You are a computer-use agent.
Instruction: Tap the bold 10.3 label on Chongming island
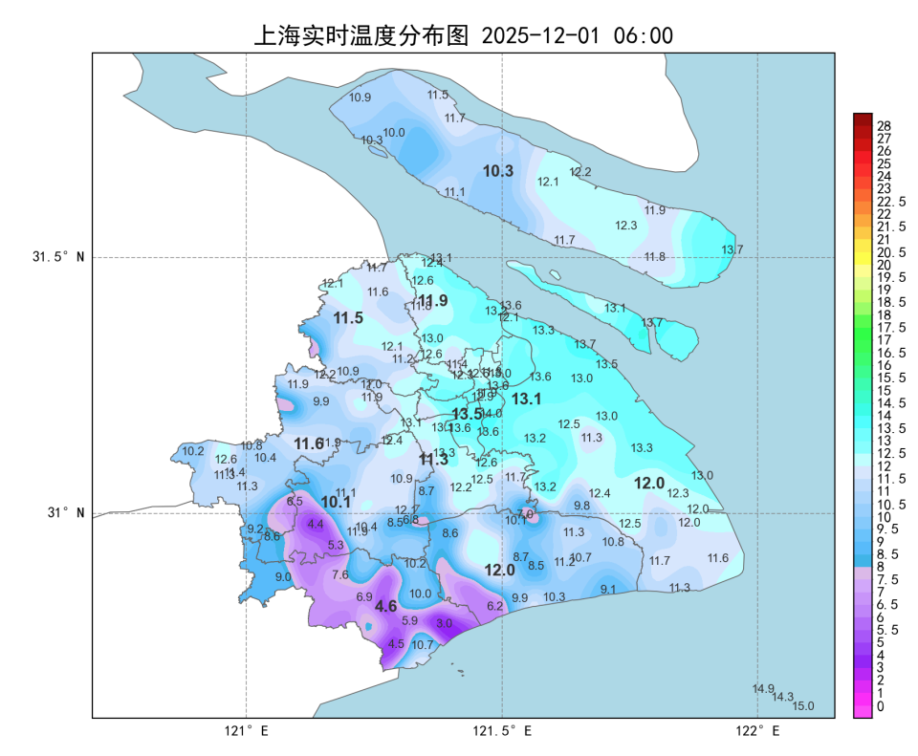pos(498,171)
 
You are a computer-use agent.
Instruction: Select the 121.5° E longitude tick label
pos(502,731)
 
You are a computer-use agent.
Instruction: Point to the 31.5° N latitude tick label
pos(58,257)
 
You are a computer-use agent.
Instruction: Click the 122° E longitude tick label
pos(757,731)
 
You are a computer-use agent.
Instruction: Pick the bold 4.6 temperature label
pos(385,606)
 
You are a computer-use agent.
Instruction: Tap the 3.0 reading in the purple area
pos(445,623)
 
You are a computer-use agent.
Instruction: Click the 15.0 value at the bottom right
pos(803,706)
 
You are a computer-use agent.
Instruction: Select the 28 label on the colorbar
pos(884,126)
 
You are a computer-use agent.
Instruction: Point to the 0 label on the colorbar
pos(880,706)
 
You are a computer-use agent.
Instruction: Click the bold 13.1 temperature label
pos(527,399)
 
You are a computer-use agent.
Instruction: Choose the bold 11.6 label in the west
pos(309,443)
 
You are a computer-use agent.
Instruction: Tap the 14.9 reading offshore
pos(763,689)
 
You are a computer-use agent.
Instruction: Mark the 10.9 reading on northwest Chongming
pos(360,97)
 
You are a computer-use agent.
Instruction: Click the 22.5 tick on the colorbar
pos(890,202)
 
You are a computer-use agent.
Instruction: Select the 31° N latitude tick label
pos(66,513)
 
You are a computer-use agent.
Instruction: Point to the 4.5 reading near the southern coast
pos(396,644)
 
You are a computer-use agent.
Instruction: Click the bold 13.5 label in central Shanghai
pos(467,414)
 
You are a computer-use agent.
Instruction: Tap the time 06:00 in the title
pos(644,36)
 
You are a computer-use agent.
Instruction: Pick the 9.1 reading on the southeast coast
pos(608,590)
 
